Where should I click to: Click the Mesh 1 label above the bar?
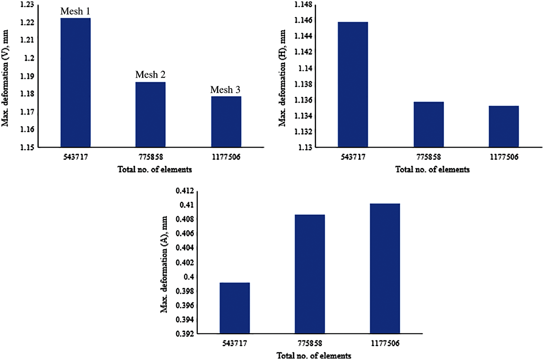point(75,11)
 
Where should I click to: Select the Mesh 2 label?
point(150,75)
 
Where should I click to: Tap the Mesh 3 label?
point(225,90)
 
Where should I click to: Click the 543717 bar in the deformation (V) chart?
point(76,83)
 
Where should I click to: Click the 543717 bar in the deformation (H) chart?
point(353,85)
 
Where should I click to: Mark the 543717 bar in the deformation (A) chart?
point(235,308)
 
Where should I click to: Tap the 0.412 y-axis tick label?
point(185,191)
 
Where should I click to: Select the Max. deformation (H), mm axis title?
point(282,78)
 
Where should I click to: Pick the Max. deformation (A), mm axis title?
point(164,264)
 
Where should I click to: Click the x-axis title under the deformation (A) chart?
point(314,356)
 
